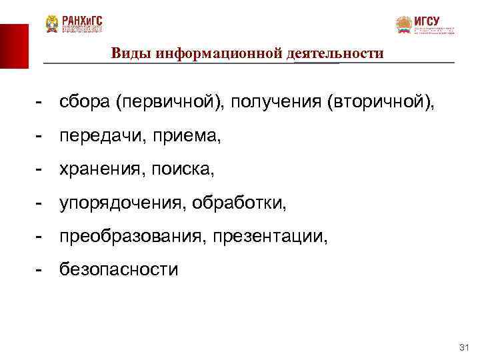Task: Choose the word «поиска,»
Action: pyautogui.click(x=181, y=170)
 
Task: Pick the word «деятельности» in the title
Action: pyautogui.click(x=339, y=53)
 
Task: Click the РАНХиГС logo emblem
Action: pyautogui.click(x=52, y=24)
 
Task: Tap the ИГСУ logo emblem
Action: pyautogui.click(x=404, y=25)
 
